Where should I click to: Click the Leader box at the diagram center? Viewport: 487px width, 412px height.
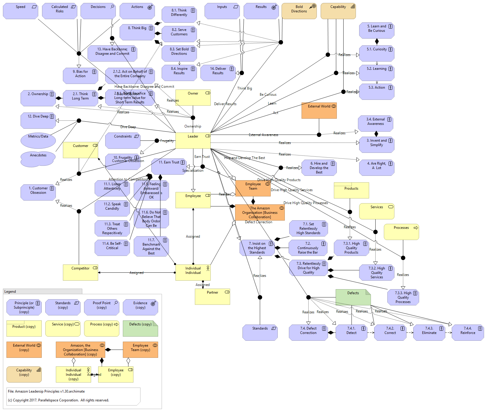pos(193,140)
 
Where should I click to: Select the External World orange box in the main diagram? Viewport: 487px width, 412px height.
pos(319,110)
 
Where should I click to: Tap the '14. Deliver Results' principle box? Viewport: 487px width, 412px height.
pos(218,73)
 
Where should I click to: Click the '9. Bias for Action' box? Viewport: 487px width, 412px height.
pos(80,76)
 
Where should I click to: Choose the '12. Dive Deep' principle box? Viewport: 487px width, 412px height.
pos(38,120)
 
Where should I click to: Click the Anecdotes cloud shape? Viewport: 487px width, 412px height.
pos(38,159)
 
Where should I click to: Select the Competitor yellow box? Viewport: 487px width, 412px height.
pos(80,272)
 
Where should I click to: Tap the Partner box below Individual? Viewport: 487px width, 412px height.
pos(212,297)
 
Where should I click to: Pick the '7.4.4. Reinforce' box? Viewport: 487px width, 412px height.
pos(468,332)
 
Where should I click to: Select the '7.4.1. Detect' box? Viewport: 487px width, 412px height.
pos(351,332)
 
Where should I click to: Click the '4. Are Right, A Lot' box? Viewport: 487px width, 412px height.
pos(376,168)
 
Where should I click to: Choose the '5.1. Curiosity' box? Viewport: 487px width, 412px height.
pos(376,53)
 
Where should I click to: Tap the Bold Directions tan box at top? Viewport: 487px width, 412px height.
pos(299,11)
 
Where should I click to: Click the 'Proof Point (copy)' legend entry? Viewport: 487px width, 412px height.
pos(101,307)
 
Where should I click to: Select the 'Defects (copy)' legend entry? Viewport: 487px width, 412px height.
pos(140,328)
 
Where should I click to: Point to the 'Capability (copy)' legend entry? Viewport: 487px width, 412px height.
pos(24,374)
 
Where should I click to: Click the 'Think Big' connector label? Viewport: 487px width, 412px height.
pos(245,88)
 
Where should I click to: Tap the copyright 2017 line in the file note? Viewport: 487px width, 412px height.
pos(58,400)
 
